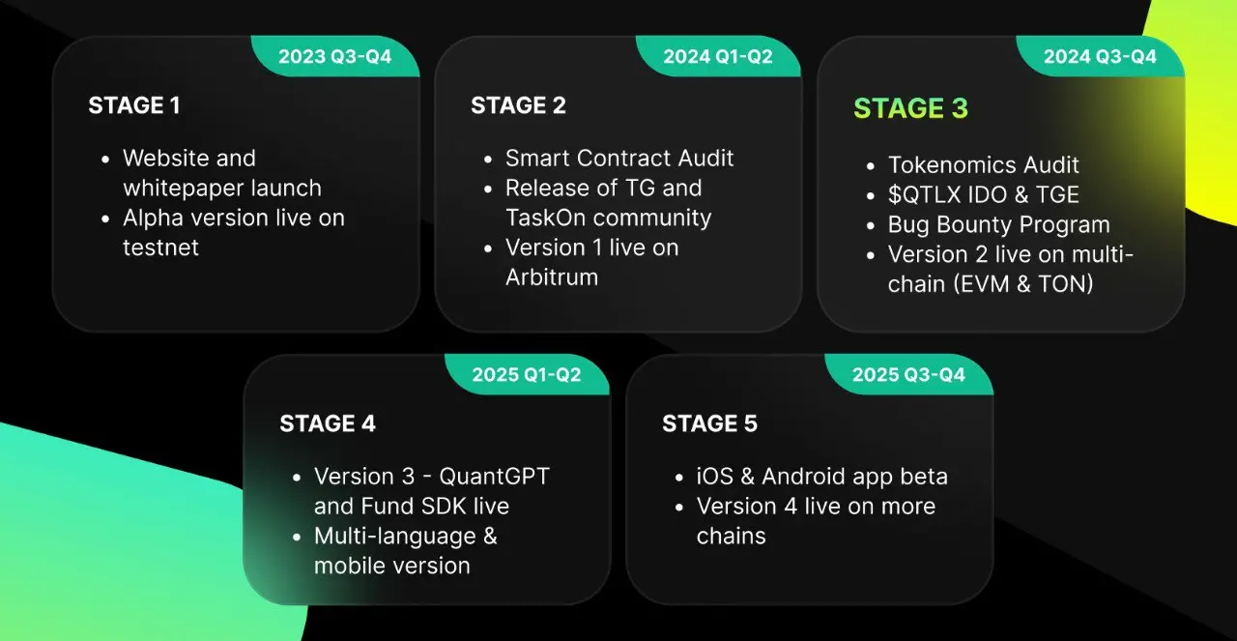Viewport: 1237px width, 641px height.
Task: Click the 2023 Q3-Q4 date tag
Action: click(335, 56)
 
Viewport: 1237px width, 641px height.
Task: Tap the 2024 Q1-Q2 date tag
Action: click(718, 56)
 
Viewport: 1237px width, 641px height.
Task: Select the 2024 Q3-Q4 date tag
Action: click(1100, 56)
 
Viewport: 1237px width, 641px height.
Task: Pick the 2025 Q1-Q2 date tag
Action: click(527, 375)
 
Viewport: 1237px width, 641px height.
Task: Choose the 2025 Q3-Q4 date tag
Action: click(909, 375)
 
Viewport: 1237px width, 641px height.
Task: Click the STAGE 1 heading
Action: click(134, 105)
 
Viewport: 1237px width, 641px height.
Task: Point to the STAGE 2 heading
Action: click(519, 105)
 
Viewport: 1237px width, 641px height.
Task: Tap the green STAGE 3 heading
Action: click(910, 107)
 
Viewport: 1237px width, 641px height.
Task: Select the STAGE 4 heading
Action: click(328, 423)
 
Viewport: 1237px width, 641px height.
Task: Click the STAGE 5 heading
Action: click(710, 423)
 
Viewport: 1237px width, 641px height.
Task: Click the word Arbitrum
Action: click(552, 277)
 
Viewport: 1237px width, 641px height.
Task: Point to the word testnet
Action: click(160, 248)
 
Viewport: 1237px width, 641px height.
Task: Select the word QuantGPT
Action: click(494, 477)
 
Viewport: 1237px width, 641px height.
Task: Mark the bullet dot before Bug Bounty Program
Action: click(871, 225)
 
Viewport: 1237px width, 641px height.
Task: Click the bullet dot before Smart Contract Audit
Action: click(488, 160)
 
